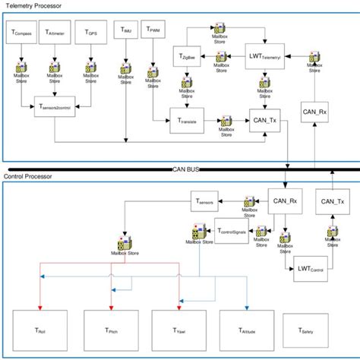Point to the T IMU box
click(124, 30)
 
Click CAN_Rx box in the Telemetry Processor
click(314, 112)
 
